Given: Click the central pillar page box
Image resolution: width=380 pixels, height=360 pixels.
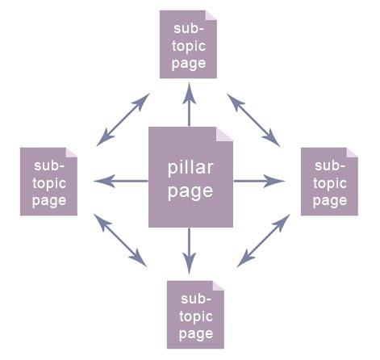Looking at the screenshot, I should [190, 177].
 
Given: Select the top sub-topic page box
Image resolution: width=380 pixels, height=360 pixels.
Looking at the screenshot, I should [189, 44].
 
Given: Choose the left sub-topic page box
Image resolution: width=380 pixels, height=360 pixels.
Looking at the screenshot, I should [48, 182].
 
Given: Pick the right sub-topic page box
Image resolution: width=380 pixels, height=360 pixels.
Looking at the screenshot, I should [329, 182].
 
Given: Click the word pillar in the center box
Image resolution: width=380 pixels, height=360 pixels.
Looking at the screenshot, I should [190, 169].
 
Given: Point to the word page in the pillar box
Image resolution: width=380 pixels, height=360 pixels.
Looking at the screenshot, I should [190, 191].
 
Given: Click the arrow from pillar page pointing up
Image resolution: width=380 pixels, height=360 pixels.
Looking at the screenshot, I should [190, 105].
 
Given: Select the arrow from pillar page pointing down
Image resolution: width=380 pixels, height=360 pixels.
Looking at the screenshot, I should [190, 250].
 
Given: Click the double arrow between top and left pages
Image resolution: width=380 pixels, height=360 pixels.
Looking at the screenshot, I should [123, 119].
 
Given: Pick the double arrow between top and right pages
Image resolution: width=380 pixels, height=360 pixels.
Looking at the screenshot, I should [253, 119].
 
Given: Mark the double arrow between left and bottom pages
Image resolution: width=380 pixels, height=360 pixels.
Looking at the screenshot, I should [120, 240].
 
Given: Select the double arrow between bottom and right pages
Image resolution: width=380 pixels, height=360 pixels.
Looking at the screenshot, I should [263, 240].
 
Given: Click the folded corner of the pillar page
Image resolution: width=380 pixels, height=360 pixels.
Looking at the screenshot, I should [224, 133].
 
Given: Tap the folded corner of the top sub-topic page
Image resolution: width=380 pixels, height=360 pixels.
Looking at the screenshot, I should [211, 15].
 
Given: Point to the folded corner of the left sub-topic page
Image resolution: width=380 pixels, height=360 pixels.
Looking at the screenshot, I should [71, 152].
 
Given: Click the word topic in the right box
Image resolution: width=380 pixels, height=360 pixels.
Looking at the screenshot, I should [329, 183].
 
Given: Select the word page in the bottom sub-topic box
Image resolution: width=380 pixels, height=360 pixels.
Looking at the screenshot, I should [196, 333].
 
